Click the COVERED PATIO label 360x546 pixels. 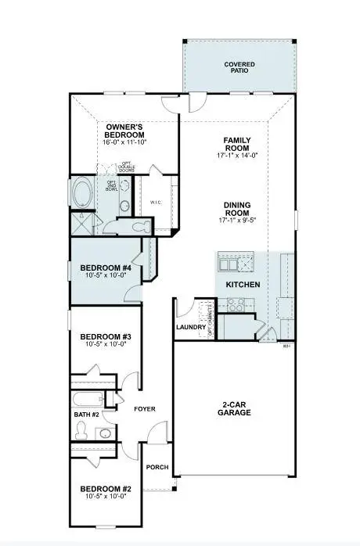click(239, 67)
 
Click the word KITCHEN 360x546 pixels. click(243, 284)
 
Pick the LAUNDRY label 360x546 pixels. click(190, 327)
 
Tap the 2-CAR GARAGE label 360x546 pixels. click(234, 409)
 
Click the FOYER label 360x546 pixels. click(145, 408)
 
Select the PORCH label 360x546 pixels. click(157, 467)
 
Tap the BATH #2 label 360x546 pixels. click(86, 414)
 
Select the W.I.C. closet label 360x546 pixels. click(156, 202)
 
